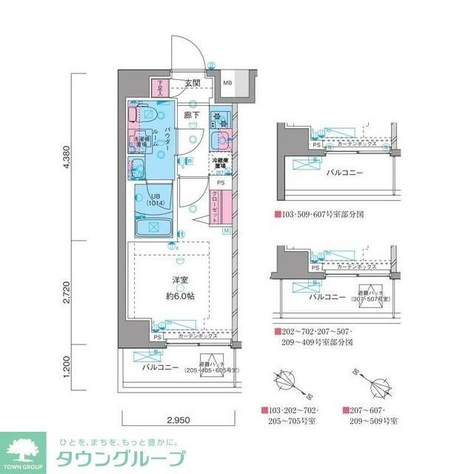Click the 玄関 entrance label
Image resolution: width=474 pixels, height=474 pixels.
pos(193,83)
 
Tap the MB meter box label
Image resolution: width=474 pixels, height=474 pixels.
pos(227,83)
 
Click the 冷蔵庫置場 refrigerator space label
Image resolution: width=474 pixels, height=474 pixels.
pos(221,163)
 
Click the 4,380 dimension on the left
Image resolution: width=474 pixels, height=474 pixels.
pos(68,157)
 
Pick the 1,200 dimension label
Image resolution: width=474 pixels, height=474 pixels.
pos(68,365)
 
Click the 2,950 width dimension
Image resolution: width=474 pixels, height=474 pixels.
pos(178,421)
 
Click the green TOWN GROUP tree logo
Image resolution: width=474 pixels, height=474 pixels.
pos(24,451)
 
